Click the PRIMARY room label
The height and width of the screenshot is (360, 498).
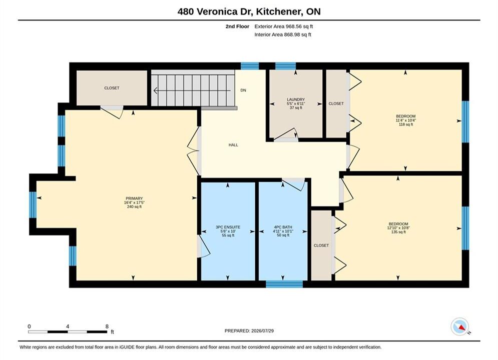[x=134, y=198]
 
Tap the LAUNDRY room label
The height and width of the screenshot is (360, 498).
[x=296, y=99]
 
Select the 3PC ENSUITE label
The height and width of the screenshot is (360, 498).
[x=228, y=227]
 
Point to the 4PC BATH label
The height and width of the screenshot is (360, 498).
[x=283, y=227]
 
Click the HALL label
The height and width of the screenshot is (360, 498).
[x=233, y=145]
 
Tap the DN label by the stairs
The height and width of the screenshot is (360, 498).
[x=243, y=90]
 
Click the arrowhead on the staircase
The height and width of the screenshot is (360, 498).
[x=156, y=90]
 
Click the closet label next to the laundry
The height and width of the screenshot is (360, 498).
[x=336, y=103]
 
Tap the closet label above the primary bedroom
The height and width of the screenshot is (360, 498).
[x=112, y=88]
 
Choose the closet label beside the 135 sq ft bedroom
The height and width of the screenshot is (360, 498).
[x=321, y=245]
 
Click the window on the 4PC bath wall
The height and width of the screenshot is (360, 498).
[x=284, y=284]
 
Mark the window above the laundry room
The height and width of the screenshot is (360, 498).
[x=285, y=66]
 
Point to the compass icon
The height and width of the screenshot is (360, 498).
[x=459, y=326]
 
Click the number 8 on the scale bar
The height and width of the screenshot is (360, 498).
[x=107, y=326]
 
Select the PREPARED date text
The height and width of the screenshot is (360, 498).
[x=249, y=331]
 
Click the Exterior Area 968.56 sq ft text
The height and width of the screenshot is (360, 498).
[x=284, y=26]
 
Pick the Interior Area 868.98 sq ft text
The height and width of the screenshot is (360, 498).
[x=283, y=34]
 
